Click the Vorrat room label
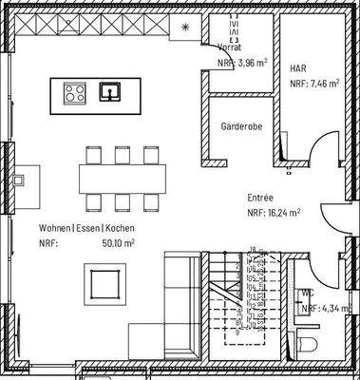pos(228,46)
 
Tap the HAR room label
pos(297,69)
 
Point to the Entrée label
pos(260,199)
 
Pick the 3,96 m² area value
pos(251,63)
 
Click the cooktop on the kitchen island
pos(74,92)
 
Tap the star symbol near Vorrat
pos(185,27)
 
